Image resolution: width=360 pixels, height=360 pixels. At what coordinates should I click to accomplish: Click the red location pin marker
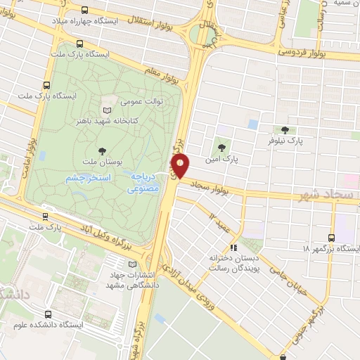(181, 166)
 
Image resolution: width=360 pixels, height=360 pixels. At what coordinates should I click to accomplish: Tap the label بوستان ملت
(102, 162)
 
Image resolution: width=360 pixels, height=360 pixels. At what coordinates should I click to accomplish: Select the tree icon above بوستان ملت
(103, 150)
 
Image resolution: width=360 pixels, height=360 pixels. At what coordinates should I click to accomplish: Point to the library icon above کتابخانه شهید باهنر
(107, 110)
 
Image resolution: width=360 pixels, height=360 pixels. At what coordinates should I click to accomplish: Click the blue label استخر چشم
(86, 179)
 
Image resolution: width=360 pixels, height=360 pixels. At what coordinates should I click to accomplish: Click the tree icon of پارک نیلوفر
(285, 129)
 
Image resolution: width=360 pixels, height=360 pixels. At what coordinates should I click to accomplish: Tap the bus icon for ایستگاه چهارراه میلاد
(86, 10)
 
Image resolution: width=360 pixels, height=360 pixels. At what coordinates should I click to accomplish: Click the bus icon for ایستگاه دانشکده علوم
(48, 314)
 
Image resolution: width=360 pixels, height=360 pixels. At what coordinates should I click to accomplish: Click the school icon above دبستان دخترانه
(234, 247)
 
